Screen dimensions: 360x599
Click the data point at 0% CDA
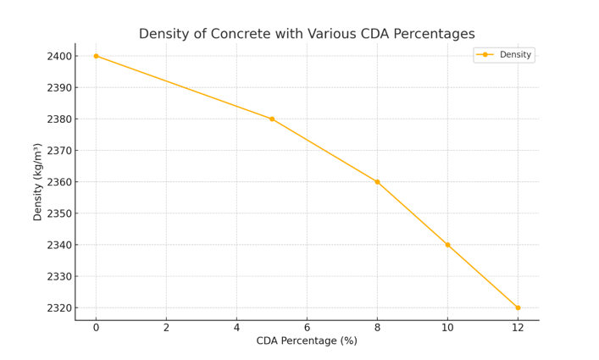96,56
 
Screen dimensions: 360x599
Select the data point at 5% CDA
272,119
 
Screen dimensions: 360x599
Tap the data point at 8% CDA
377,182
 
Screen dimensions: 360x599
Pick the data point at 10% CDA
447,245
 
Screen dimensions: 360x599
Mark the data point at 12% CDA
518,307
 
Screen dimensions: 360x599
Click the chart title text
307,34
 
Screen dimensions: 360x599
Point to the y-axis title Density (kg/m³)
38,181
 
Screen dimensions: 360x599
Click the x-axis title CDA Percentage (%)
307,341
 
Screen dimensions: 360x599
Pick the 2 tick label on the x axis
166,327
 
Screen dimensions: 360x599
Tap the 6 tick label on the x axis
307,327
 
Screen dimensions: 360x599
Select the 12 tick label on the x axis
518,327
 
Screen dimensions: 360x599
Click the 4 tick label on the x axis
236,327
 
